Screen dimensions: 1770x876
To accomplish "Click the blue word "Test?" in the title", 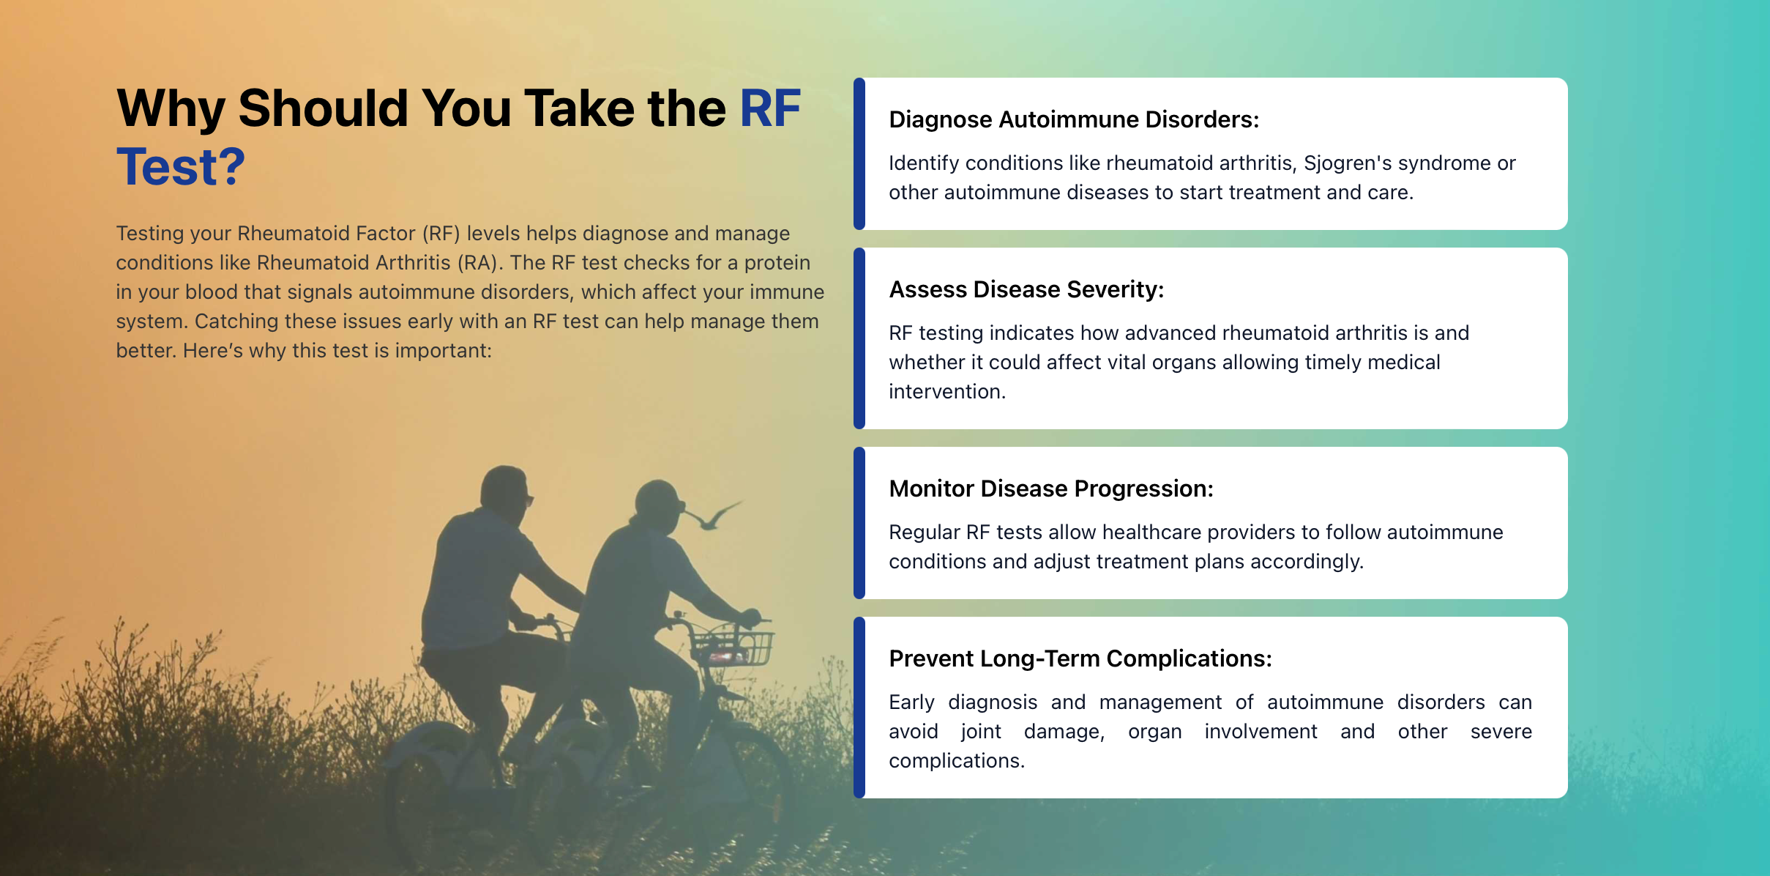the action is [x=181, y=166].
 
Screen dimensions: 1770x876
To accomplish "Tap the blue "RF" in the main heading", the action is [x=770, y=108].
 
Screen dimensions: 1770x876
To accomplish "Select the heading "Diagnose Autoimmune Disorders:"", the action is [x=1074, y=119].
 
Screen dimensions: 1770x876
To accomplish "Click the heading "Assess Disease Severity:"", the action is [x=1026, y=289].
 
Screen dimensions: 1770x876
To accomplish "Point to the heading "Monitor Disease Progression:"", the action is [x=1051, y=489].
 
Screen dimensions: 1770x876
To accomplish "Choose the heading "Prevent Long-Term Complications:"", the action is [x=1080, y=658].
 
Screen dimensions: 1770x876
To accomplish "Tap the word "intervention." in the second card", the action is [x=947, y=391].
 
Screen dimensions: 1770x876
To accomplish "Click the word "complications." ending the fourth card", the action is [x=957, y=761].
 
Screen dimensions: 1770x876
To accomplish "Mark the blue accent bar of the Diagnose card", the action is [x=859, y=154].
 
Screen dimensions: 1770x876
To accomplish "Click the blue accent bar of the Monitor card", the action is [x=859, y=523].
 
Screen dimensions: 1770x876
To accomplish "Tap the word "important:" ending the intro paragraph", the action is [x=444, y=351].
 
